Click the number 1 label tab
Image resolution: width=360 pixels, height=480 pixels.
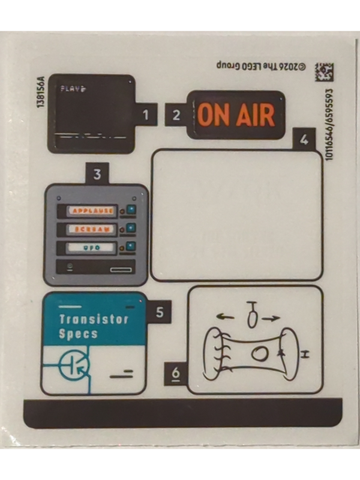click(145, 114)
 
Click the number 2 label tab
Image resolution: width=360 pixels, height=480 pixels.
click(176, 115)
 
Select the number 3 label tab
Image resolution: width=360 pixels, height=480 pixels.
click(97, 175)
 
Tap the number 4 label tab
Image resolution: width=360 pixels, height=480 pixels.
click(304, 140)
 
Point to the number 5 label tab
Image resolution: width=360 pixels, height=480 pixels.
click(159, 312)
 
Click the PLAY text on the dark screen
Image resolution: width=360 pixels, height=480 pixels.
click(73, 89)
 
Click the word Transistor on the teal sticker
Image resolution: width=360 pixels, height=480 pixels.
click(94, 319)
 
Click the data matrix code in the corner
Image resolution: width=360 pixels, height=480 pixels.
click(325, 72)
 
